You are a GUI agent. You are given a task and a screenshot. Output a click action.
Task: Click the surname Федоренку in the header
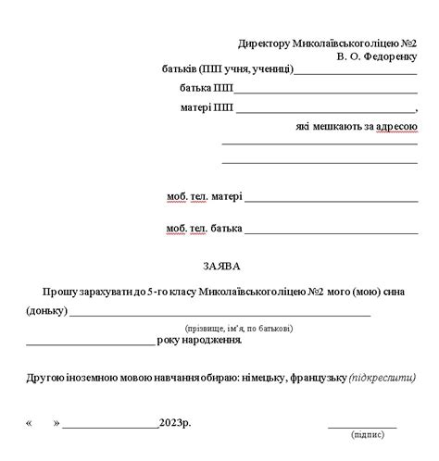click(x=391, y=56)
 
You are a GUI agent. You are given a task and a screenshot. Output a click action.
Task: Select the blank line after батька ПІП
click(x=326, y=92)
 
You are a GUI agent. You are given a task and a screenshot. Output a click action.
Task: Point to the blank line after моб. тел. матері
click(x=331, y=199)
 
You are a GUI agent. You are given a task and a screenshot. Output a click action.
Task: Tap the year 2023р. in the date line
click(x=174, y=423)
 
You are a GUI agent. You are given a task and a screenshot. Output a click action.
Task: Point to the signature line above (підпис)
click(x=362, y=426)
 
